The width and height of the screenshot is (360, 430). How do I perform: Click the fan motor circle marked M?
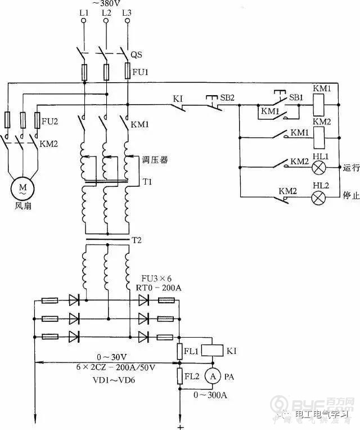pos(23,187)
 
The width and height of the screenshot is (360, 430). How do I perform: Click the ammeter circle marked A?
pos(211,375)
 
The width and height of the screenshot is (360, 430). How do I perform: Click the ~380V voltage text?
pos(105,2)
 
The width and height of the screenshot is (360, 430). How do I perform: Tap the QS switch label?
pos(136,55)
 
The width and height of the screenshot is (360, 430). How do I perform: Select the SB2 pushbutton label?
pos(227,97)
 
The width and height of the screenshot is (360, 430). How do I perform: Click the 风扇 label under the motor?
pos(23,205)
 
